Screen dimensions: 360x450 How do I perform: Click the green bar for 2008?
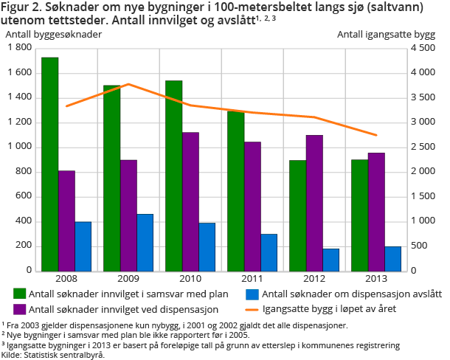coord(49,164)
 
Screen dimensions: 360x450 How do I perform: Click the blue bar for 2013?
coord(393,258)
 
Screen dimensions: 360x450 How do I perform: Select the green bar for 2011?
coord(235,191)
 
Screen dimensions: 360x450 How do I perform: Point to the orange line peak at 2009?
coord(129,84)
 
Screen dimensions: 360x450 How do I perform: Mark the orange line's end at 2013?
coord(376,135)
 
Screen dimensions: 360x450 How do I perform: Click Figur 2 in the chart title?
coord(22,9)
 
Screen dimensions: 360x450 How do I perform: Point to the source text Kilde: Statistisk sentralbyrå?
coord(53,354)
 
